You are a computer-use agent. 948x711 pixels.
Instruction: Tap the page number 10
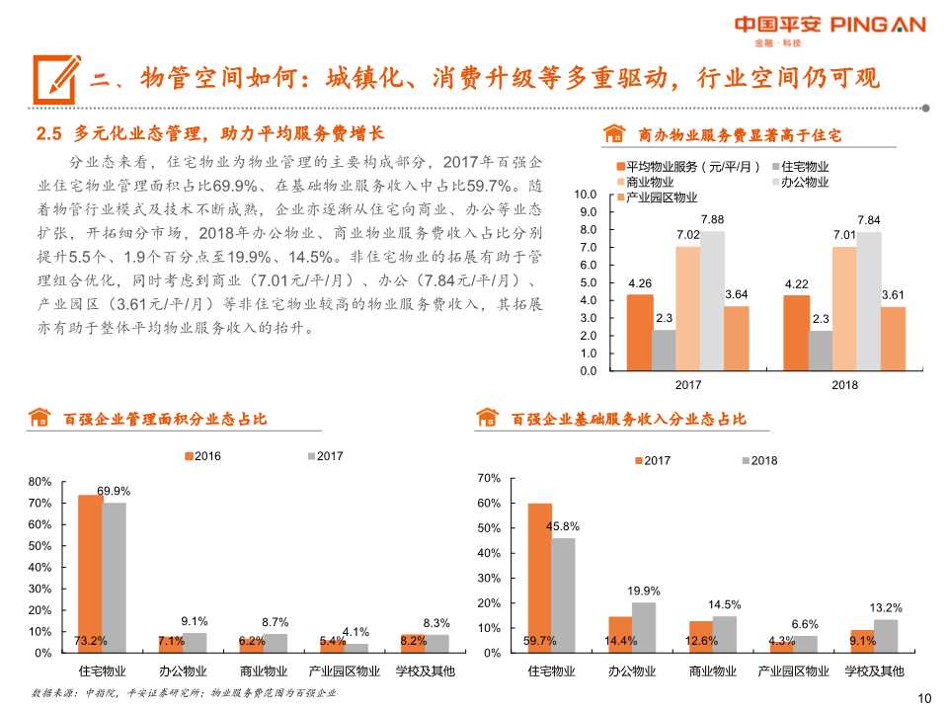tap(924, 698)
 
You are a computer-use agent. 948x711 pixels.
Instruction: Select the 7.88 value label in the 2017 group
tap(712, 219)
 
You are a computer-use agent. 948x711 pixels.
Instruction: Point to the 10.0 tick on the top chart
tap(586, 194)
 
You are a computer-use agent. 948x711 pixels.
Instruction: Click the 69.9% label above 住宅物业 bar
tap(114, 491)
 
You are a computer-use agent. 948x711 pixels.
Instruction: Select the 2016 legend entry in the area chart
tap(202, 456)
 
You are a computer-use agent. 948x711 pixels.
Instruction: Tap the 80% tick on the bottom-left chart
tap(39, 482)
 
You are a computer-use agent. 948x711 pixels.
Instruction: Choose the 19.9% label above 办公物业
tap(643, 591)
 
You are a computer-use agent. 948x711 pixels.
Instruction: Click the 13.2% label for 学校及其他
tap(885, 607)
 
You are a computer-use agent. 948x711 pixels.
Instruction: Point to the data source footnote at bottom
tap(184, 692)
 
